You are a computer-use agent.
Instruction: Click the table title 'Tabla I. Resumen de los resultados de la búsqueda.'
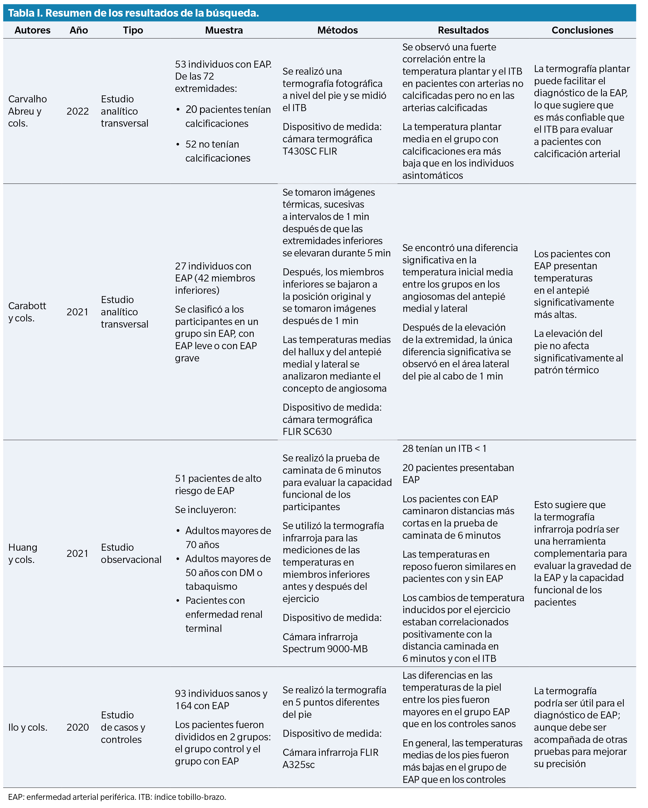[134, 13]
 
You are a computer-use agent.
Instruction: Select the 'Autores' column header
[32, 30]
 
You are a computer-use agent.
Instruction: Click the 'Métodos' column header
[337, 30]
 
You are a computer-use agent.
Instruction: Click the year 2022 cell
[78, 111]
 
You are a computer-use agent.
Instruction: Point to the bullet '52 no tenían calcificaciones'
[217, 151]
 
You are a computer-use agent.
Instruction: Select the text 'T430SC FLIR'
[310, 151]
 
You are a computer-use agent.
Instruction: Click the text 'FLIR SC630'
[307, 431]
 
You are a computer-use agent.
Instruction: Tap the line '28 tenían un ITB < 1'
[444, 449]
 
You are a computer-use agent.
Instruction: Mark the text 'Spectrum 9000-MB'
[325, 649]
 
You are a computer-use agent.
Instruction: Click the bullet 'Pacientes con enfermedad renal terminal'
[223, 614]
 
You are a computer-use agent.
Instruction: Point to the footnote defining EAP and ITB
[117, 797]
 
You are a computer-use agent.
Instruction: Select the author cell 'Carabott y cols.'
[27, 312]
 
